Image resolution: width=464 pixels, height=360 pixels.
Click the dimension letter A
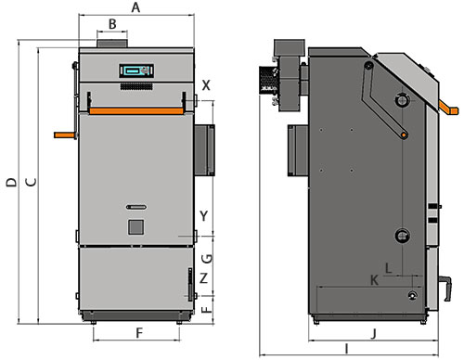pos(136,8)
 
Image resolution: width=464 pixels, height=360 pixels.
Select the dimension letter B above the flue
pos(112,23)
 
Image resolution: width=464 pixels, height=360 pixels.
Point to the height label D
pos(10,183)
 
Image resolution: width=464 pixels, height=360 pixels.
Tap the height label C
pos(30,183)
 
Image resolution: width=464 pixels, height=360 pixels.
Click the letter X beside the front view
pos(206,84)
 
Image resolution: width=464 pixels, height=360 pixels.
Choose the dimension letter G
pos(207,257)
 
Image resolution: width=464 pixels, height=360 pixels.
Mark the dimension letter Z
pos(204,278)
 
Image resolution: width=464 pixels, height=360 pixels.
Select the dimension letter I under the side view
pos(346,350)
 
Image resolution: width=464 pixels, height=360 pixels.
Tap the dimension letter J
pos(372,331)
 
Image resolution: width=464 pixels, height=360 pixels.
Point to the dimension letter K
pos(375,279)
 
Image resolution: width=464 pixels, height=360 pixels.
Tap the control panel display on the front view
pos(134,71)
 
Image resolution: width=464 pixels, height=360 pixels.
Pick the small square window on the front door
pos(135,225)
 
